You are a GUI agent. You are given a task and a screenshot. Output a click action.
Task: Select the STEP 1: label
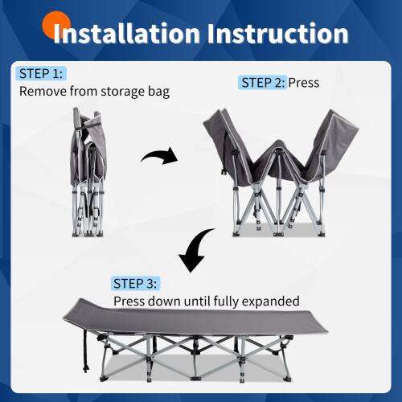(40, 74)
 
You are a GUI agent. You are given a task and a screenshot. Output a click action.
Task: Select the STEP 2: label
(262, 83)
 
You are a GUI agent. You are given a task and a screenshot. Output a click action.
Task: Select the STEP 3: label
(137, 284)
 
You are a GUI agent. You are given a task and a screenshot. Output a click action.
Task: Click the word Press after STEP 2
(305, 83)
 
